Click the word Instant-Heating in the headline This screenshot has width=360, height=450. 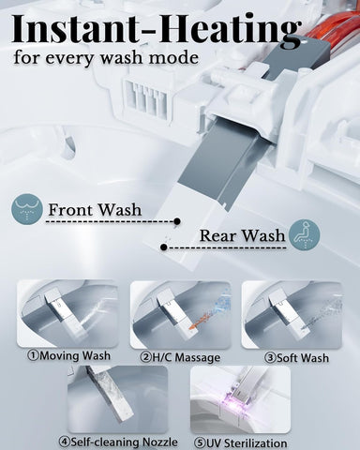157,29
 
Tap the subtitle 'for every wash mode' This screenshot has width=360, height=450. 106,58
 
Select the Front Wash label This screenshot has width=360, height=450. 95,210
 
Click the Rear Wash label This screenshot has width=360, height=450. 243,236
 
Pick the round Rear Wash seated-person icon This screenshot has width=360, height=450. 304,235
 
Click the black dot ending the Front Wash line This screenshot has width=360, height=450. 177,221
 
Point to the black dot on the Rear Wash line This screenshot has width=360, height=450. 163,247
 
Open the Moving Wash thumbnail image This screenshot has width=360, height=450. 67,314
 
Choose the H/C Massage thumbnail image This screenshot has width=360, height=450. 180,315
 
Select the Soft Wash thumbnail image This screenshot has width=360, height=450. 292,315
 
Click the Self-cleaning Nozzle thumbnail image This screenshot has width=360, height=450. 118,399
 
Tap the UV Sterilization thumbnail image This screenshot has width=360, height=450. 240,399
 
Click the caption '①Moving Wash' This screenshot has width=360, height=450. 68,356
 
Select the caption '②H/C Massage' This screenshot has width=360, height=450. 180,357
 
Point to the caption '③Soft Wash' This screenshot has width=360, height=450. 296,358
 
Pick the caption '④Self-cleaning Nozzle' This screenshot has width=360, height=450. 118,442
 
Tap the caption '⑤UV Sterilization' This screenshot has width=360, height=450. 240,443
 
